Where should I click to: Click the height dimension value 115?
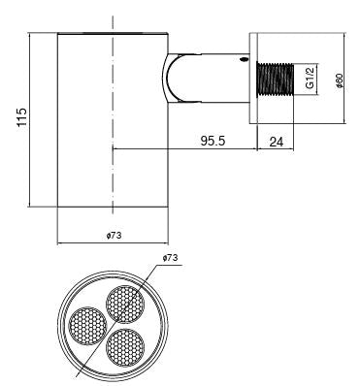pyautogui.click(x=21, y=119)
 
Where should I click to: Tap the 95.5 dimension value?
pyautogui.click(x=213, y=141)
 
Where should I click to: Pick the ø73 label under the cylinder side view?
pyautogui.click(x=115, y=235)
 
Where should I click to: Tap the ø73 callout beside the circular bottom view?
pyautogui.click(x=171, y=258)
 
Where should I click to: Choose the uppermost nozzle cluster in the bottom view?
pyautogui.click(x=124, y=304)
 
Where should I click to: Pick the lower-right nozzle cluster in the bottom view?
pyautogui.click(x=125, y=346)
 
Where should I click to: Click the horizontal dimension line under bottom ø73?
pyautogui.click(x=114, y=242)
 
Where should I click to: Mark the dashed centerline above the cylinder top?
pyautogui.click(x=114, y=19)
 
